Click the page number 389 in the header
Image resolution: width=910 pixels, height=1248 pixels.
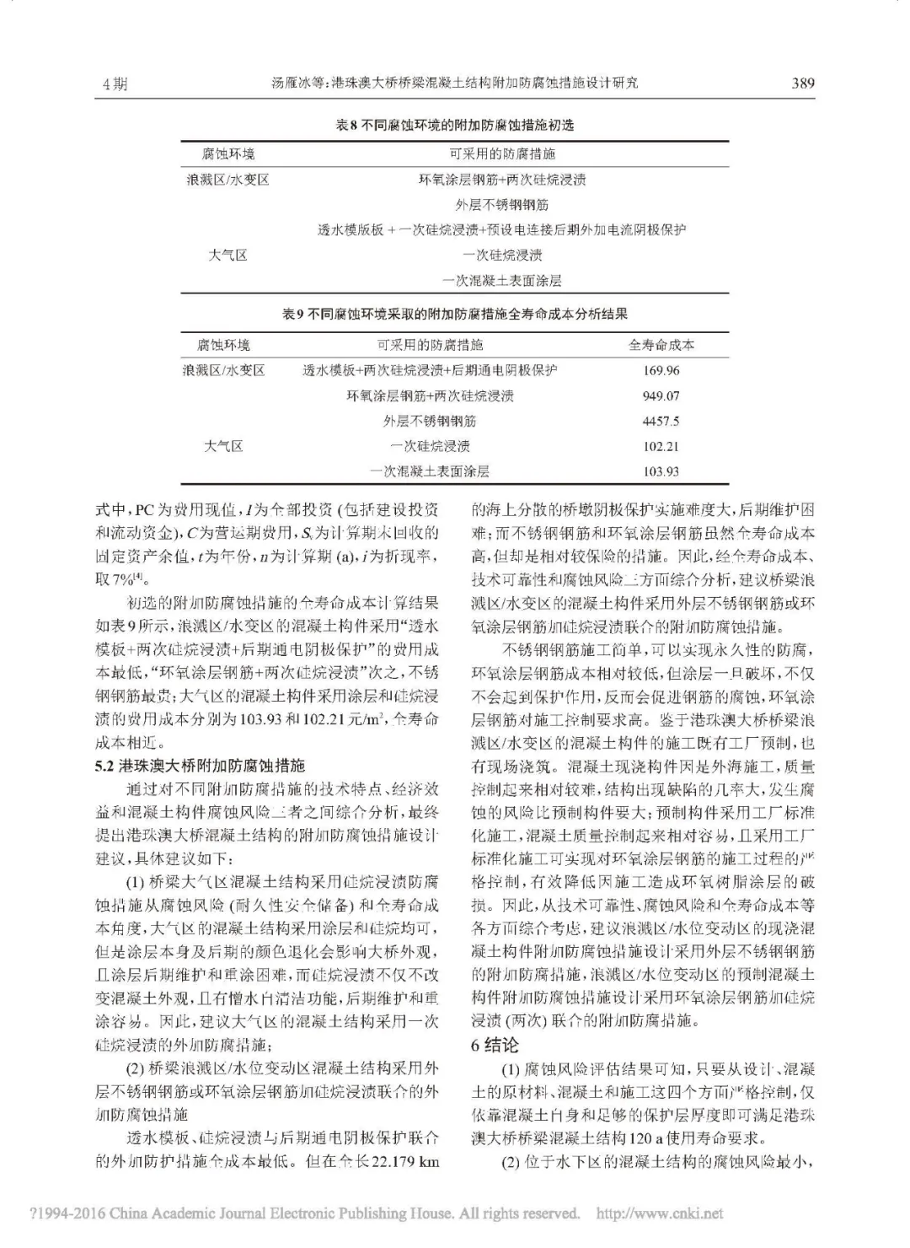[802, 83]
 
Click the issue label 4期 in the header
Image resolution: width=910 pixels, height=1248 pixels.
[115, 83]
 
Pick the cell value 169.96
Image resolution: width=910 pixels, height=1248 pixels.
[661, 371]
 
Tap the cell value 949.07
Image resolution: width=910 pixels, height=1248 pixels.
[661, 396]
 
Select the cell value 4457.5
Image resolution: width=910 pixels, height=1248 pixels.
[661, 422]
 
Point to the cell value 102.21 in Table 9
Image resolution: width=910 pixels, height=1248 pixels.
[661, 447]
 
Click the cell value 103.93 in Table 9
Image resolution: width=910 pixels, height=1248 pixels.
[661, 472]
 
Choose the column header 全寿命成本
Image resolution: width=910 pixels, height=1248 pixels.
[661, 345]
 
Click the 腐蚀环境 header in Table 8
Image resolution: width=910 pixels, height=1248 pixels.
[227, 154]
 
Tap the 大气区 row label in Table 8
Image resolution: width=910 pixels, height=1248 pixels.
[227, 256]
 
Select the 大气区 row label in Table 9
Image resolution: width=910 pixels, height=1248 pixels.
[223, 446]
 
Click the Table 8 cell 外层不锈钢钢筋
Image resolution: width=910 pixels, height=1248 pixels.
[502, 205]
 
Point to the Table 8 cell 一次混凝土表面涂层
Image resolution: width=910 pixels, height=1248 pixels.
[502, 281]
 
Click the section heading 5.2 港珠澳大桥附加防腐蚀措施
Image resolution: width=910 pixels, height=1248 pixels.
[201, 766]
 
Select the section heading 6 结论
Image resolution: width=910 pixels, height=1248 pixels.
[495, 1046]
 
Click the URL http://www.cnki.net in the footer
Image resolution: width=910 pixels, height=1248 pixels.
[659, 1214]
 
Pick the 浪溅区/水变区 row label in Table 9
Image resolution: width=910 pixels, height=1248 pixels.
[223, 370]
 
